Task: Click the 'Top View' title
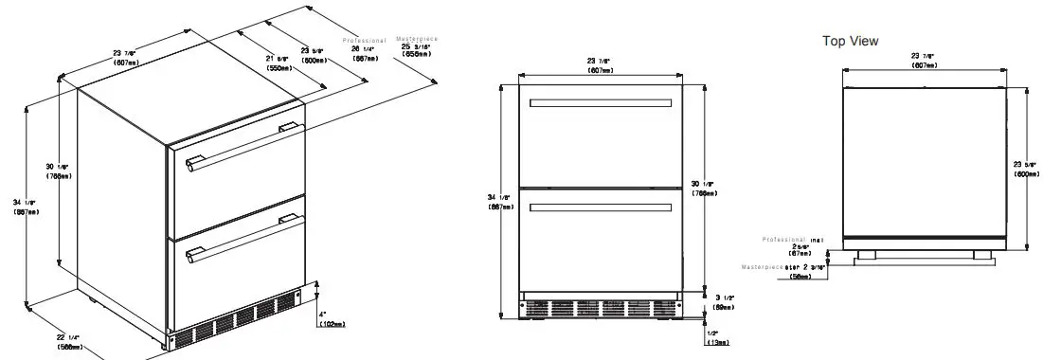[850, 41]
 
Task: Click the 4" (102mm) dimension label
[332, 319]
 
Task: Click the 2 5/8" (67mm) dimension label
[800, 249]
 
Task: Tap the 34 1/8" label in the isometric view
[26, 207]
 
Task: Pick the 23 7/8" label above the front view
[600, 65]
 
